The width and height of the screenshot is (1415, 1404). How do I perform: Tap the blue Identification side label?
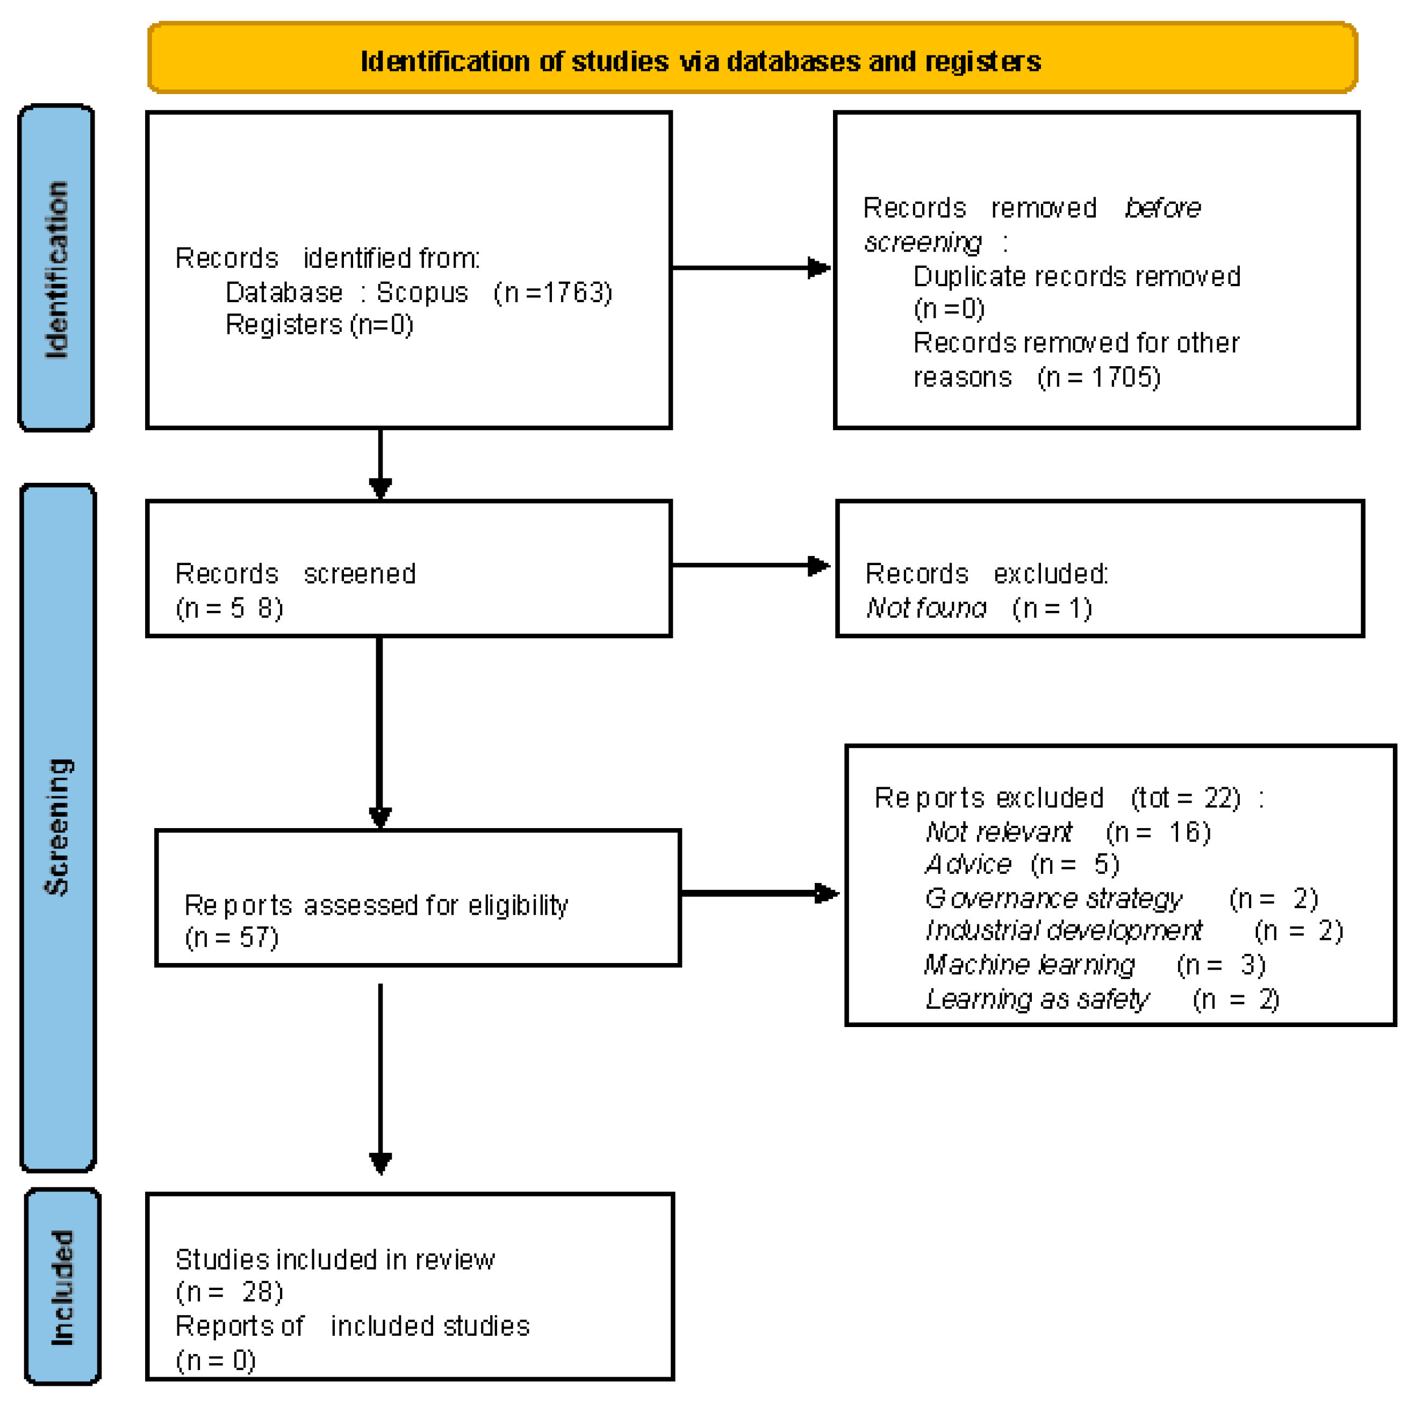click(56, 268)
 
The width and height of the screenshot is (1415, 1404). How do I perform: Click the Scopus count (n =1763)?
click(552, 293)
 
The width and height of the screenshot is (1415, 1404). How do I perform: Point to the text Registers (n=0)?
click(319, 325)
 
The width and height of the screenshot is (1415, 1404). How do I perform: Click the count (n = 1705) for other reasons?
click(1098, 377)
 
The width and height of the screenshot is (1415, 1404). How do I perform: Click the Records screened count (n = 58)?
click(229, 609)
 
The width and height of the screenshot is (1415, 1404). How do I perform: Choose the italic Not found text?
click(926, 609)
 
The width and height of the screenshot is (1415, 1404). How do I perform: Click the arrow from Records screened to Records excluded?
click(751, 566)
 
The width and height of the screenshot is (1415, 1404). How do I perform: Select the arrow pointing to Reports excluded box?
click(759, 893)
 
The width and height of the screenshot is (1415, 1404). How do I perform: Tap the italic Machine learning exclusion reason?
click(1029, 965)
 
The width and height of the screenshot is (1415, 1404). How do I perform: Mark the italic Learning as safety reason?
click(1037, 1000)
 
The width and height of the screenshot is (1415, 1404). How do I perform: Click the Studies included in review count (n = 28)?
click(229, 1292)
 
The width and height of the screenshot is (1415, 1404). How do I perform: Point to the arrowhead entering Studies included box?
click(380, 1164)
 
